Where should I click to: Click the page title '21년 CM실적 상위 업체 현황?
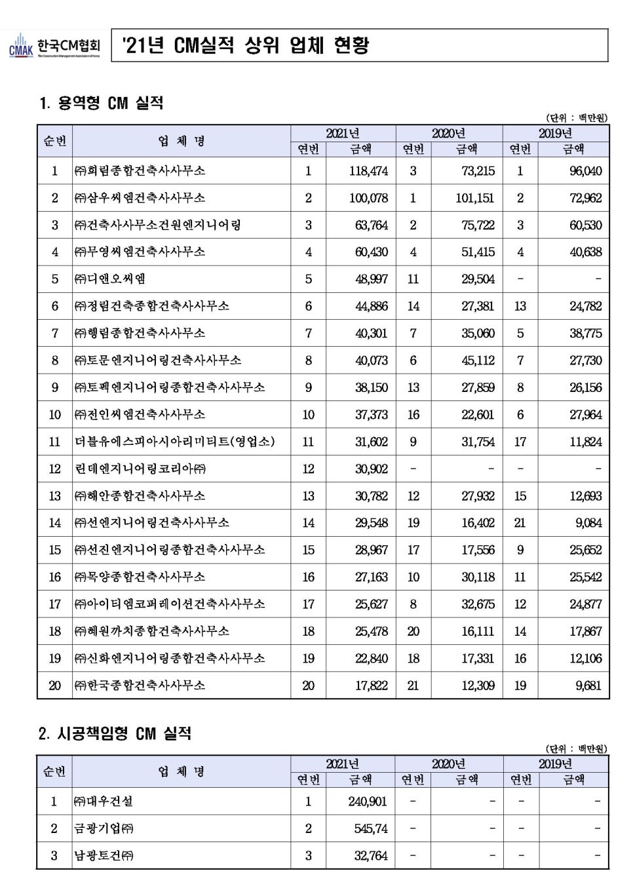(x=246, y=45)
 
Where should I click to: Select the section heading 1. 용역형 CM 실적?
(x=102, y=103)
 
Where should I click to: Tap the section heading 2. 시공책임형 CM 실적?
(x=115, y=733)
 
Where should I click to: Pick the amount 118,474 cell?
(x=368, y=171)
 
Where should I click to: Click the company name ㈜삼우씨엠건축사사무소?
(x=140, y=198)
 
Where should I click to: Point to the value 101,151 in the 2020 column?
(x=474, y=198)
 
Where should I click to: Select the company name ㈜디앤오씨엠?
(x=110, y=279)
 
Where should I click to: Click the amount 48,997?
(x=372, y=279)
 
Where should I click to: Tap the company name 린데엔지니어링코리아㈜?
(x=140, y=469)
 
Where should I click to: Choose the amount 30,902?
(x=372, y=469)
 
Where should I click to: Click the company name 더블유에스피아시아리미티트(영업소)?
(x=174, y=442)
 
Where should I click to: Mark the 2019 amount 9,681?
(x=588, y=686)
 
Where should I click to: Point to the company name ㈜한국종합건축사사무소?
(x=140, y=686)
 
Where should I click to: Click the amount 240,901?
(x=368, y=802)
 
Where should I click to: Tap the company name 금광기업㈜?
(x=104, y=828)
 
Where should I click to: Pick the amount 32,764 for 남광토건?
(x=371, y=855)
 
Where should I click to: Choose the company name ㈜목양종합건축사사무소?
(x=140, y=577)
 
